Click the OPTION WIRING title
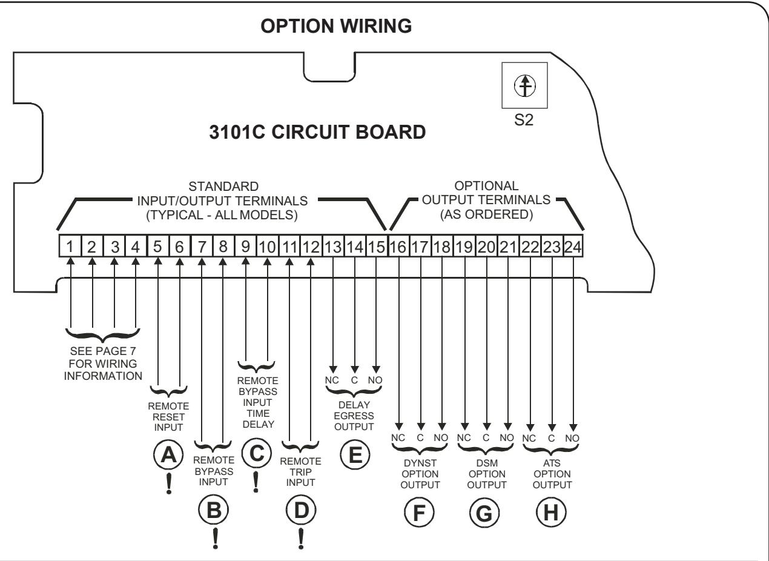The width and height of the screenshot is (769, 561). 336,26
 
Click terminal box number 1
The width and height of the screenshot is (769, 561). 70,246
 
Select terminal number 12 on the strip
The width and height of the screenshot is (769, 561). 311,246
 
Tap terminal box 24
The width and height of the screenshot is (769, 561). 573,246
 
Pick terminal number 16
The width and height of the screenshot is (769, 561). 398,246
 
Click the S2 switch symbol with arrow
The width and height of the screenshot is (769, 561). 524,85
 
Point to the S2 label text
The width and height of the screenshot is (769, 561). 524,120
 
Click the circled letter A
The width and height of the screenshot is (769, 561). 168,455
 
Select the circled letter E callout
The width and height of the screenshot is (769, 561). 355,455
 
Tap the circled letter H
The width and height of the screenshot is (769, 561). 551,513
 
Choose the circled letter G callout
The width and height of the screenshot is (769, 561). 484,513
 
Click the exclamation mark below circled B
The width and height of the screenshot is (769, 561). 215,539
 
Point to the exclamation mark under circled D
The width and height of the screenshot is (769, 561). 301,539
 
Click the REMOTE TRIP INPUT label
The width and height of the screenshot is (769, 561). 300,472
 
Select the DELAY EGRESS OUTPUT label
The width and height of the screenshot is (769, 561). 354,416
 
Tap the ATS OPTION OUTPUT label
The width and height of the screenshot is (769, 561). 552,474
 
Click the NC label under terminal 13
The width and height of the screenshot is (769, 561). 332,380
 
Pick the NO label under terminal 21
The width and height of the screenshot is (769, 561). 507,437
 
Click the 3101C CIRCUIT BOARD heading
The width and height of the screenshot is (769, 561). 317,132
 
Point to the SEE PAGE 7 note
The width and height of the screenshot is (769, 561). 103,363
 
